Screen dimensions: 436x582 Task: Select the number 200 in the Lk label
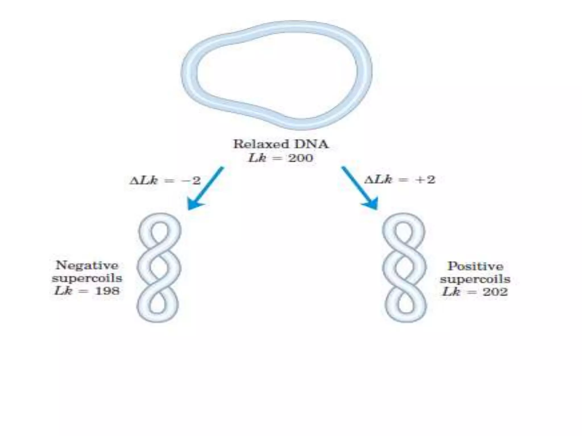[300, 158]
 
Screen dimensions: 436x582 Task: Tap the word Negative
[87, 266]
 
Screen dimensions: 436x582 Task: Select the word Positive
[475, 266]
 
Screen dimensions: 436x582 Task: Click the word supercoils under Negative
[87, 278]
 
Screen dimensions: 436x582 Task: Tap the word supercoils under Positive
[475, 279]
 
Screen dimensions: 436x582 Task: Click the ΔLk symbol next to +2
[378, 180]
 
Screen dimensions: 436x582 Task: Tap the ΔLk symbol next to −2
[144, 180]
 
